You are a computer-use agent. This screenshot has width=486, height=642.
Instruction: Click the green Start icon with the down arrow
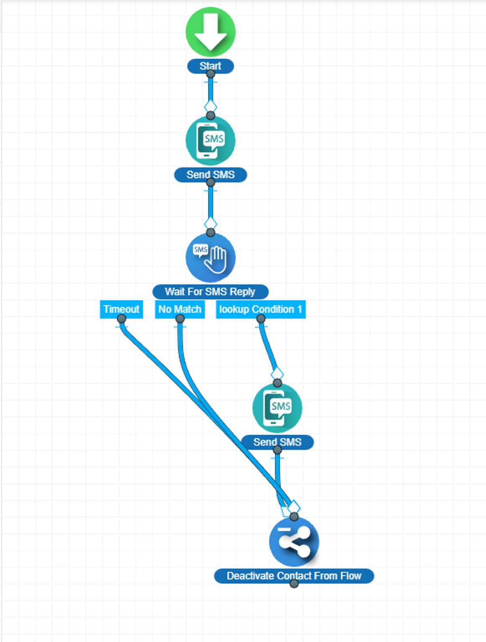click(210, 32)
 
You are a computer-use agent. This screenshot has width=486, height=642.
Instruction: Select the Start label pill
click(210, 66)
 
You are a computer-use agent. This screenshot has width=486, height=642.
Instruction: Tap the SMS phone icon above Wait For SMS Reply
click(210, 140)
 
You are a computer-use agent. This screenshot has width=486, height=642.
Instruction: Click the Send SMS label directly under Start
click(210, 174)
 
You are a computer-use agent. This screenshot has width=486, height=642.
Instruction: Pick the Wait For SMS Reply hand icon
click(210, 257)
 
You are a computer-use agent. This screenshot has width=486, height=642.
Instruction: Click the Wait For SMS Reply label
click(210, 291)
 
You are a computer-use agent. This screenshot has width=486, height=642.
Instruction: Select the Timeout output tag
click(121, 309)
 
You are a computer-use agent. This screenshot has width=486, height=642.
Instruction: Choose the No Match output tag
click(180, 309)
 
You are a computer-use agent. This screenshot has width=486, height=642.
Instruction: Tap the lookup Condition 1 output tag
click(260, 309)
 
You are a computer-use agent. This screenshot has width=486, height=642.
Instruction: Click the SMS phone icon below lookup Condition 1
click(277, 408)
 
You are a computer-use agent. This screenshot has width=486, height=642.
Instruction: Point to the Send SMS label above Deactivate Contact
click(277, 442)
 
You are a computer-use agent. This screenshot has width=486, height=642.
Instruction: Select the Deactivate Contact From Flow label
click(294, 576)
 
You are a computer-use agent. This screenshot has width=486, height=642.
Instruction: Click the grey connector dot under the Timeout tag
click(121, 319)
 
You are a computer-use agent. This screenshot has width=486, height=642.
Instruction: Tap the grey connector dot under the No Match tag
click(180, 319)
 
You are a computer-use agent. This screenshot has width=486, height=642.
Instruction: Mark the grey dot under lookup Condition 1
click(261, 319)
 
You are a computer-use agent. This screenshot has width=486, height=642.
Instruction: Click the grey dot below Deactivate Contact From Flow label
click(294, 583)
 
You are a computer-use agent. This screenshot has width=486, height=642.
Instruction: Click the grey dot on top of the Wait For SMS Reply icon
click(211, 232)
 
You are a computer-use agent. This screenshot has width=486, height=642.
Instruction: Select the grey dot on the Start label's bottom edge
click(211, 74)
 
